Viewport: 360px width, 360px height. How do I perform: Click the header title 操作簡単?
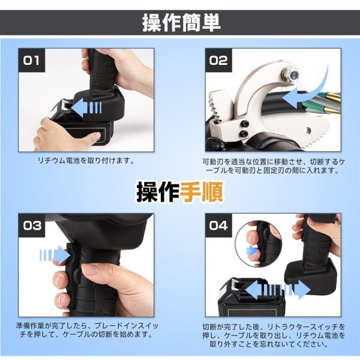[181, 23]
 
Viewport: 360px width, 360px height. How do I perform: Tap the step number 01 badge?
[32, 60]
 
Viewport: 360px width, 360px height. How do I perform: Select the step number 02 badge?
[218, 60]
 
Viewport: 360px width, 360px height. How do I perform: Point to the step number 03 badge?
[32, 226]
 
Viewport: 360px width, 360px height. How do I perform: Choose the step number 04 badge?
[218, 226]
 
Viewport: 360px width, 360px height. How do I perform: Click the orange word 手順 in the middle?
[202, 192]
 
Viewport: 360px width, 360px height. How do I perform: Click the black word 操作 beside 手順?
[158, 192]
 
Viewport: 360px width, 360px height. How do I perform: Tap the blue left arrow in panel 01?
[86, 107]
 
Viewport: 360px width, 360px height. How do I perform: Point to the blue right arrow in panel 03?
[55, 254]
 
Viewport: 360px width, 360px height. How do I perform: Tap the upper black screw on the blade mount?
[244, 124]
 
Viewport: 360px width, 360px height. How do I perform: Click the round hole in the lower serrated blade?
[308, 131]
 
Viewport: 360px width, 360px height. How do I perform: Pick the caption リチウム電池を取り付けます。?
[86, 160]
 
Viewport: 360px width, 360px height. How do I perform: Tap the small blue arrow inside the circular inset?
[251, 251]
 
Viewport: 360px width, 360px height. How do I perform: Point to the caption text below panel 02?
[273, 166]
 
